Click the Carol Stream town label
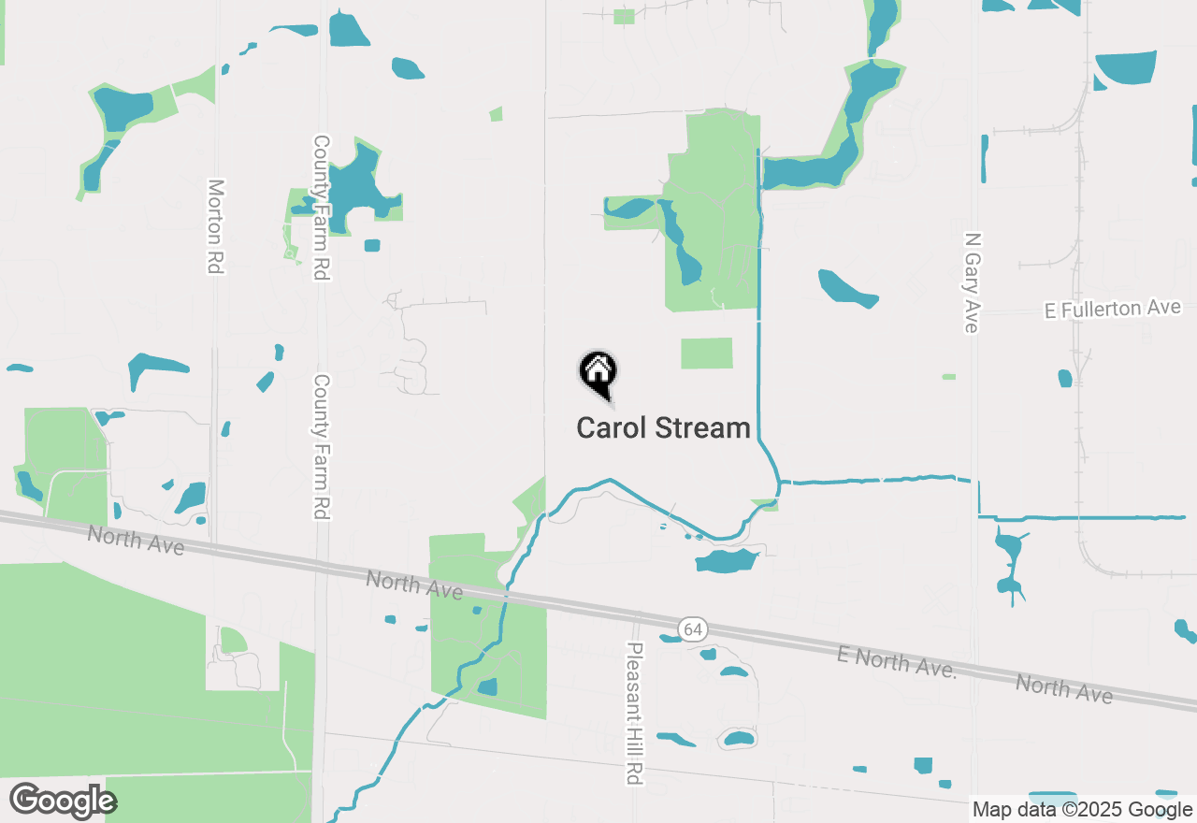coord(663,428)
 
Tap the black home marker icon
coord(598,372)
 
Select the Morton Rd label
coord(216,226)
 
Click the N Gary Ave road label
coord(972,282)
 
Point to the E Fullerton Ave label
coord(1113,309)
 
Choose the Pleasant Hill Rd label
coord(636,713)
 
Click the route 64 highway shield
coord(692,629)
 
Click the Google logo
coord(63,801)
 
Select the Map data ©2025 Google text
coord(1082,810)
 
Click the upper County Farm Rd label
coord(322,208)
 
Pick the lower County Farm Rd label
coord(322,447)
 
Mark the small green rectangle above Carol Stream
coord(706,353)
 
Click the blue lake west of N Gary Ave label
coord(847,288)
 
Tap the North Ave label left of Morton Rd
coord(136,540)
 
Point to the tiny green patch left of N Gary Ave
coord(949,377)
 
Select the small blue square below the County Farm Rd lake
coord(372,245)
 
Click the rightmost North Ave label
coord(1064,688)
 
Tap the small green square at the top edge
coord(624,16)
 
